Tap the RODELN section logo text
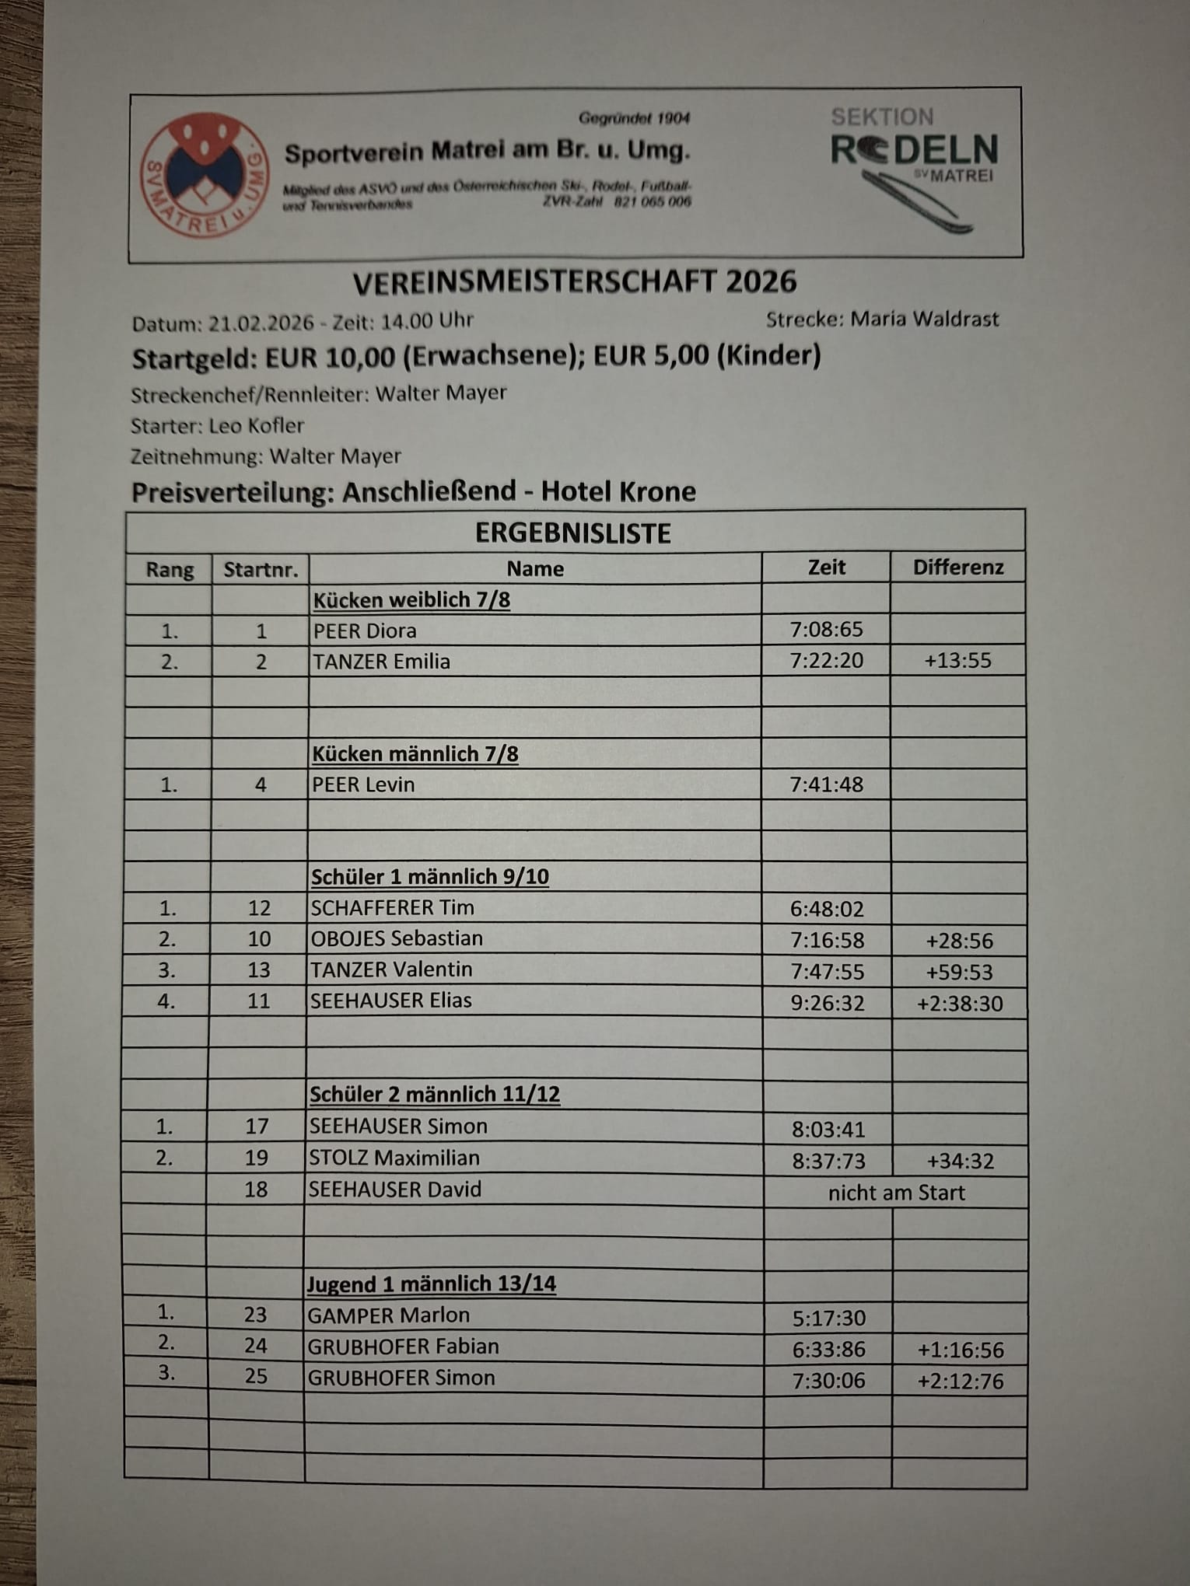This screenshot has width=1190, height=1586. point(915,149)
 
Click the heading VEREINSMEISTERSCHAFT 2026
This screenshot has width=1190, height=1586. point(575,282)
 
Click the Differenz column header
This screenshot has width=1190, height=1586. point(957,568)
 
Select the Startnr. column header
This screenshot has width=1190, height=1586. point(261,570)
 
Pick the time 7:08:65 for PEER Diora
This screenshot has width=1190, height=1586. point(826,629)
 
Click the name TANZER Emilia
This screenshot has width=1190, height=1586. point(381,662)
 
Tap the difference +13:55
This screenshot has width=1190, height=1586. point(957,661)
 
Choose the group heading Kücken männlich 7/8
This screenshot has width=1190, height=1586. point(415,754)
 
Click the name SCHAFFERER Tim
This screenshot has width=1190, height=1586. point(392,908)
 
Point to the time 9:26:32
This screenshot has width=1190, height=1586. point(827,1003)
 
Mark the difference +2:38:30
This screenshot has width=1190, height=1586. point(960,1004)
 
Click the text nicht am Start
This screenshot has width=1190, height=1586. point(896,1193)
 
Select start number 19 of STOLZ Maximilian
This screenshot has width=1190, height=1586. point(257,1158)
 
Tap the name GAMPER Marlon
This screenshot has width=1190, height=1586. point(388,1315)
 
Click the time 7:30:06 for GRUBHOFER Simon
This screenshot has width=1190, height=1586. point(828,1381)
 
